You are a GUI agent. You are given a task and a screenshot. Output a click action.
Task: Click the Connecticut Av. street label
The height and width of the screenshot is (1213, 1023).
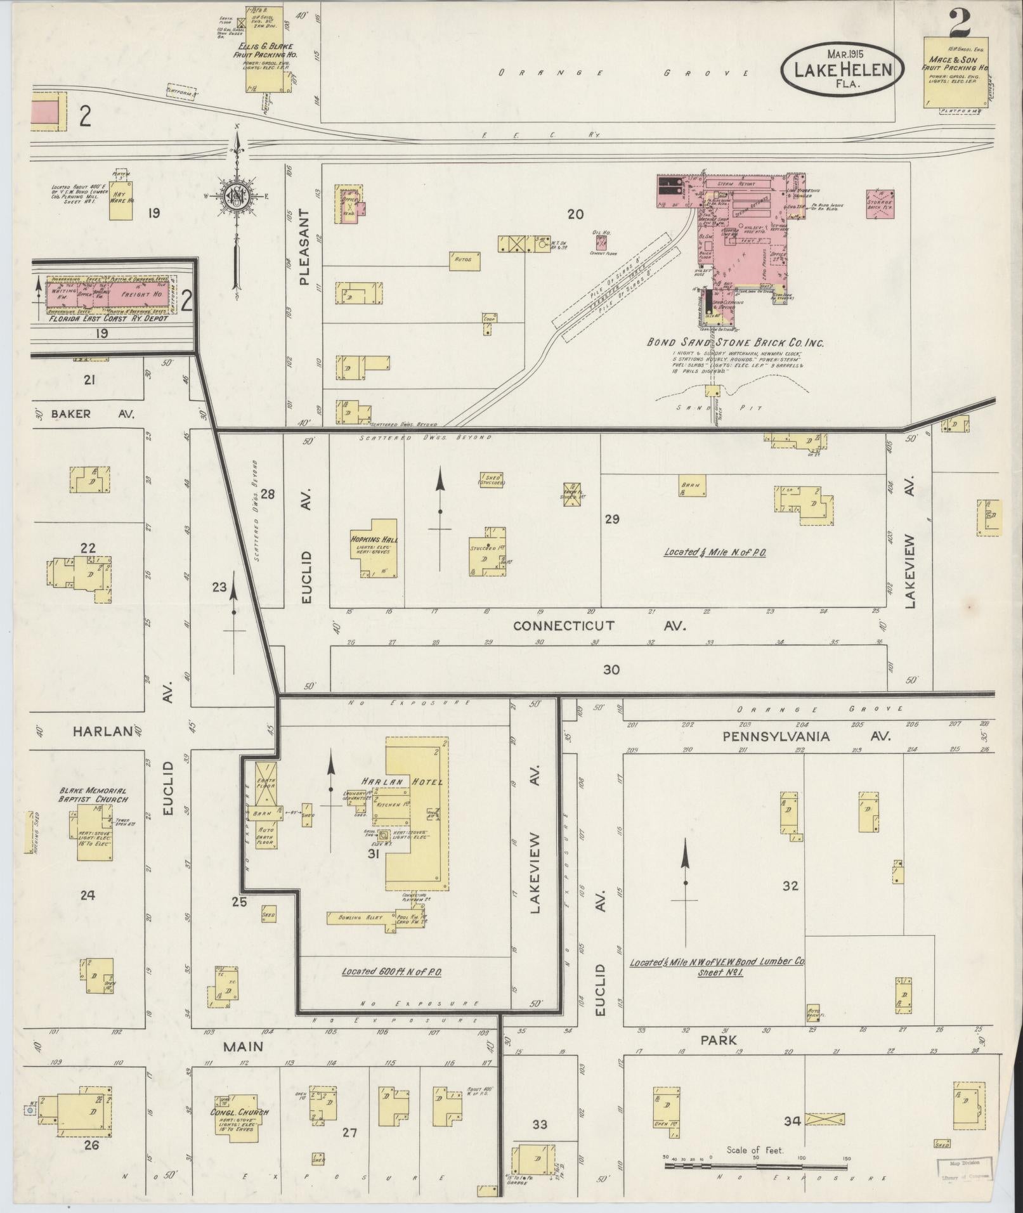coord(600,626)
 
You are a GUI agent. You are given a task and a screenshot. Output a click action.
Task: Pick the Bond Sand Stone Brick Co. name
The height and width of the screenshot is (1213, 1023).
coord(735,342)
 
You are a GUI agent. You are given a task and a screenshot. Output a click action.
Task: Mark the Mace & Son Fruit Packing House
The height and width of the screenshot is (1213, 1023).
coord(951,73)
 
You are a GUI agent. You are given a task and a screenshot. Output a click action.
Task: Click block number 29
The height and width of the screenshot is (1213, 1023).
coord(611,519)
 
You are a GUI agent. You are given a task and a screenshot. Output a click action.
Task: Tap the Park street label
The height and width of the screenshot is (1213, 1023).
coord(719,1040)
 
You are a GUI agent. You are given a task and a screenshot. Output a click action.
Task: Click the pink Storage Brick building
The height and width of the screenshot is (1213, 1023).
coord(880,203)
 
